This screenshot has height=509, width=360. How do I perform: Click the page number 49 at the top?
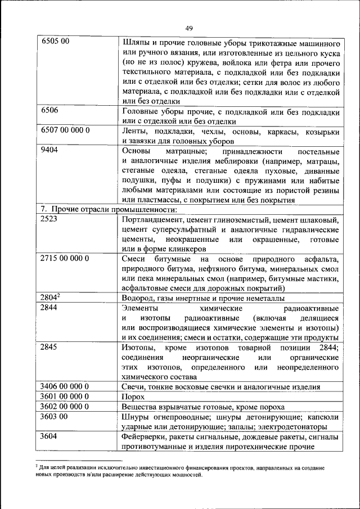pyautogui.click(x=188, y=28)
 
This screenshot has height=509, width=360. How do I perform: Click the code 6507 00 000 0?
pyautogui.click(x=65, y=130)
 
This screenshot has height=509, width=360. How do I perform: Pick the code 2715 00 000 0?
pyautogui.click(x=65, y=258)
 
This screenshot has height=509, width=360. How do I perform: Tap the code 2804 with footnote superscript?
pyautogui.click(x=51, y=298)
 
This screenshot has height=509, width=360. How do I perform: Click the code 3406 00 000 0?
pyautogui.click(x=65, y=386)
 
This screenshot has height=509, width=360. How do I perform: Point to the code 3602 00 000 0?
pyautogui.click(x=65, y=407)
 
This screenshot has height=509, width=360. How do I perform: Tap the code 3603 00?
pyautogui.click(x=55, y=417)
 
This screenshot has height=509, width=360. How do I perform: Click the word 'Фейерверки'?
pyautogui.click(x=144, y=437)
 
